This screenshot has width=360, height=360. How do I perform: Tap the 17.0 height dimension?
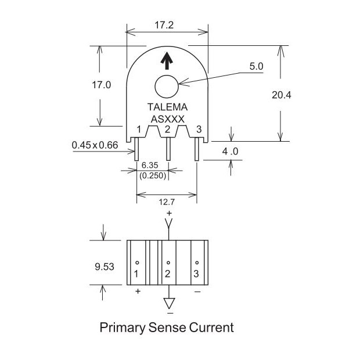tap(101, 85)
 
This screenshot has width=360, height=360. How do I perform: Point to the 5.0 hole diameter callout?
tap(256, 67)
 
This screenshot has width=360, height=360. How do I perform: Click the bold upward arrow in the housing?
tap(167, 60)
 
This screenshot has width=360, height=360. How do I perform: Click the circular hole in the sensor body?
tap(167, 88)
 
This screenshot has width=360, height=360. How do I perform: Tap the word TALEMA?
tap(167, 107)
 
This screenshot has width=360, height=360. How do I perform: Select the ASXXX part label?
tap(167, 118)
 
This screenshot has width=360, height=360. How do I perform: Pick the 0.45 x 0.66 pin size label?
tap(95, 145)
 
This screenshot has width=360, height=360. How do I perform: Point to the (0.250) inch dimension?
tap(152, 175)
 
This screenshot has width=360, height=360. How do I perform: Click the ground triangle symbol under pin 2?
tap(169, 303)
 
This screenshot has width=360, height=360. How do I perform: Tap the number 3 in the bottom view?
tap(196, 273)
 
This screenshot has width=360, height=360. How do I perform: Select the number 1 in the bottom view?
tap(136, 273)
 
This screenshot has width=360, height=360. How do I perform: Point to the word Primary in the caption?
tap(121, 328)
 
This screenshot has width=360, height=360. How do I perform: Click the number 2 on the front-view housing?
tap(167, 129)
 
